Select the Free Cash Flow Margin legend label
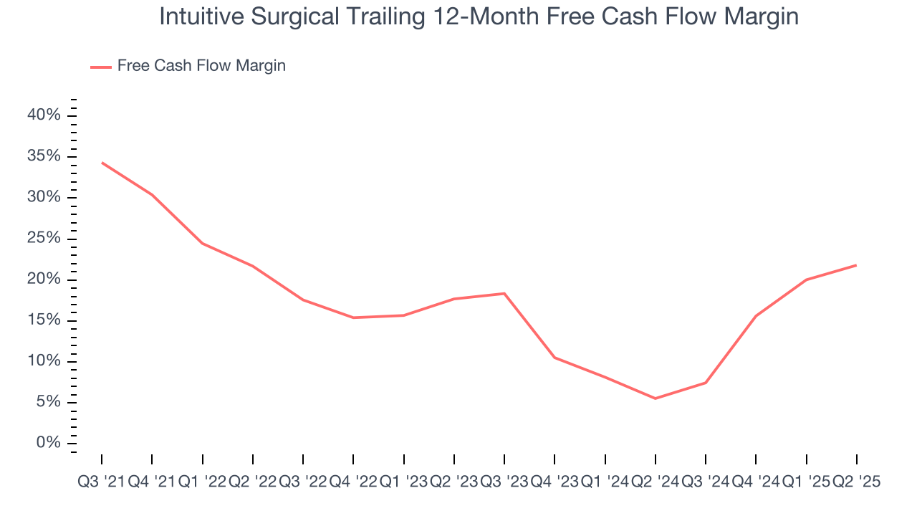click(x=201, y=66)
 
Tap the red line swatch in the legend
click(x=100, y=67)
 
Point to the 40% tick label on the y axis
click(x=44, y=115)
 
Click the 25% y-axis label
click(x=44, y=239)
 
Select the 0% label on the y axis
click(x=49, y=443)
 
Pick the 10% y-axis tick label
click(x=44, y=361)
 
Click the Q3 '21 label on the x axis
click(x=101, y=483)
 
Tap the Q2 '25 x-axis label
click(x=856, y=483)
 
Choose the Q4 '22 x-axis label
click(x=353, y=483)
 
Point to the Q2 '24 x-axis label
click(x=655, y=483)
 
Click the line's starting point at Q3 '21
click(x=102, y=163)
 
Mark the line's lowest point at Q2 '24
click(x=655, y=398)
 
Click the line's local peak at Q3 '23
click(x=504, y=293)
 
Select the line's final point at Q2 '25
click(x=856, y=265)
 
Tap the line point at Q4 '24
click(x=756, y=316)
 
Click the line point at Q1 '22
click(x=203, y=243)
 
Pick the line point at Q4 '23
click(x=554, y=357)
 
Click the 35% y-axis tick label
click(x=44, y=156)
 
